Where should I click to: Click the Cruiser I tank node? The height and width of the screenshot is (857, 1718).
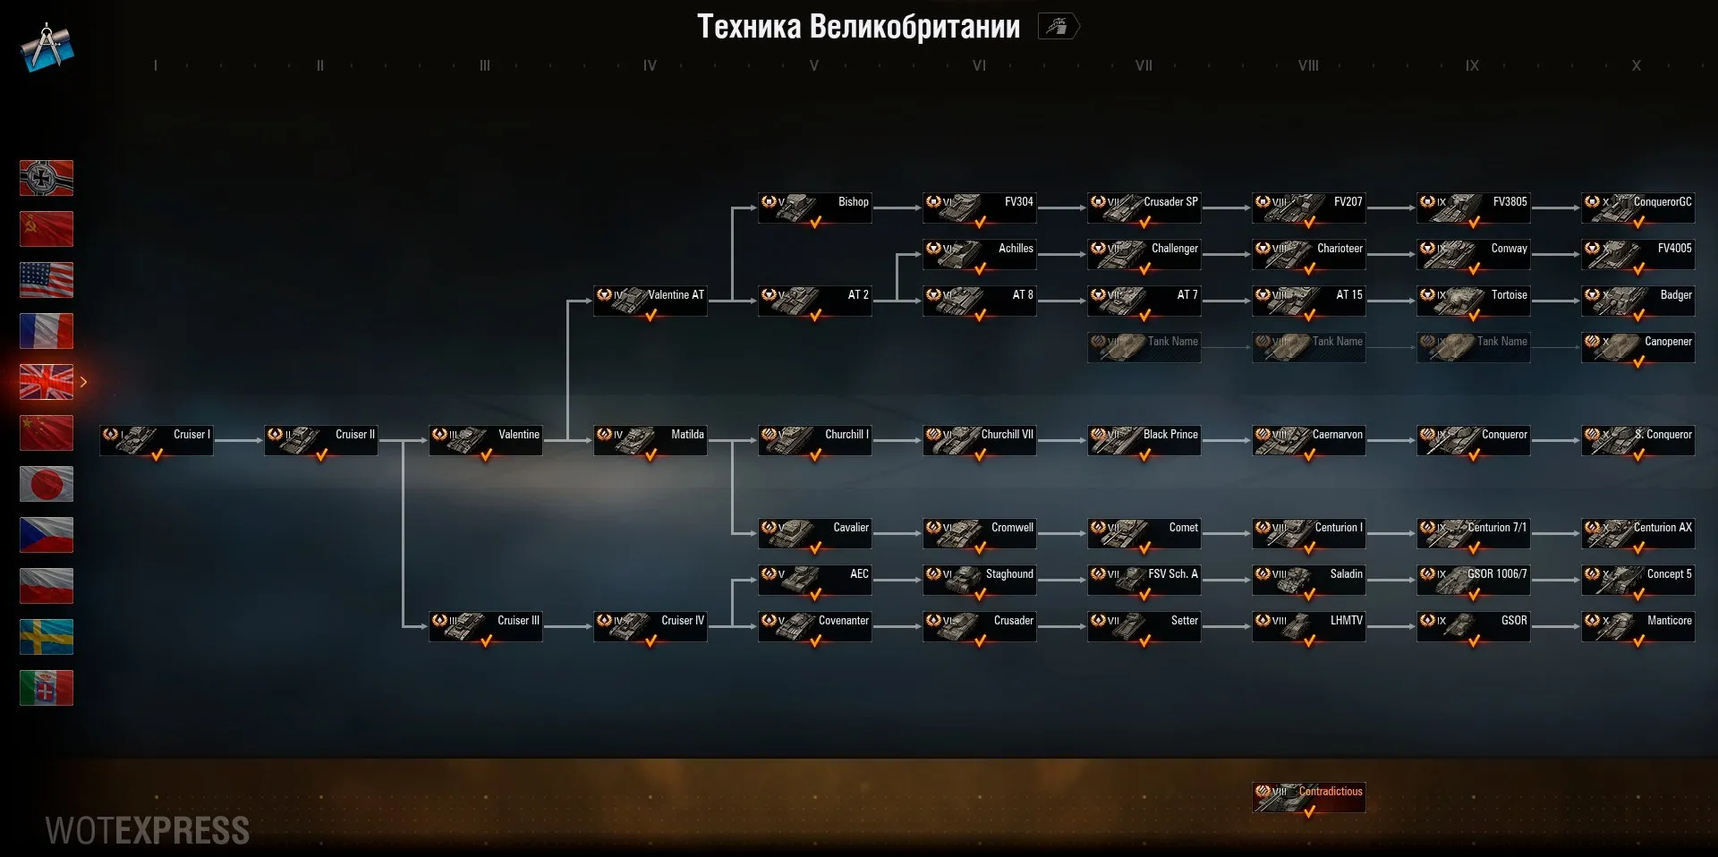tap(157, 440)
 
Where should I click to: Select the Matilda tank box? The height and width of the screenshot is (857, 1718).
tap(651, 440)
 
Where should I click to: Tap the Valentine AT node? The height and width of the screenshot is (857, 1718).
tap(651, 301)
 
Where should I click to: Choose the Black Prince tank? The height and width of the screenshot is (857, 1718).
tap(1144, 440)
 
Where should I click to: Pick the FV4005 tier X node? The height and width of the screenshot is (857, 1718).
tap(1638, 254)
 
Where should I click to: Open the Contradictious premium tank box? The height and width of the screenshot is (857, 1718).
tap(1309, 797)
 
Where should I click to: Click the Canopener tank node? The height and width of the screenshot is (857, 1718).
tap(1638, 347)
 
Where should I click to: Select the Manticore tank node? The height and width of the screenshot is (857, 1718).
tap(1638, 626)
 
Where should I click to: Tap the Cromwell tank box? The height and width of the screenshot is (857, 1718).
tap(980, 533)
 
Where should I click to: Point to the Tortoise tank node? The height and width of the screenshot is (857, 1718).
tap(1474, 301)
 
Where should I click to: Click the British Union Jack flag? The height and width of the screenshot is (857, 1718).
tap(47, 382)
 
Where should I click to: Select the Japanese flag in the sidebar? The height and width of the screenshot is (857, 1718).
tap(47, 484)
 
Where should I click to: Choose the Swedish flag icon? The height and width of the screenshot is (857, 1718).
tap(47, 637)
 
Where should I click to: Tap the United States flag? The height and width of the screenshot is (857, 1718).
tap(47, 280)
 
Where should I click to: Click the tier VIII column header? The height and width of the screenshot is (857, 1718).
tap(1308, 65)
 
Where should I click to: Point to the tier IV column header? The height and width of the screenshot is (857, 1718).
tap(650, 65)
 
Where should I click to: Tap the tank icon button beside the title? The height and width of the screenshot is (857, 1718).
tap(1058, 27)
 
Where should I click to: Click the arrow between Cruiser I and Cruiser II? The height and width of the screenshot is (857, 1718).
tap(238, 440)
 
